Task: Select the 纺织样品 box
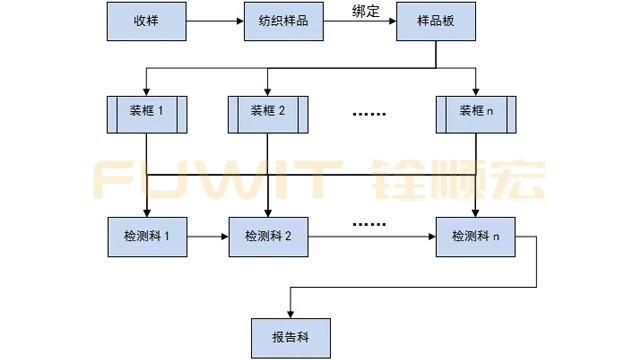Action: [277, 22]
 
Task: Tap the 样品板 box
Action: [434, 22]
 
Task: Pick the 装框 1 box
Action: [147, 113]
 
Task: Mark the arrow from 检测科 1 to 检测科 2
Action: [207, 237]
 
